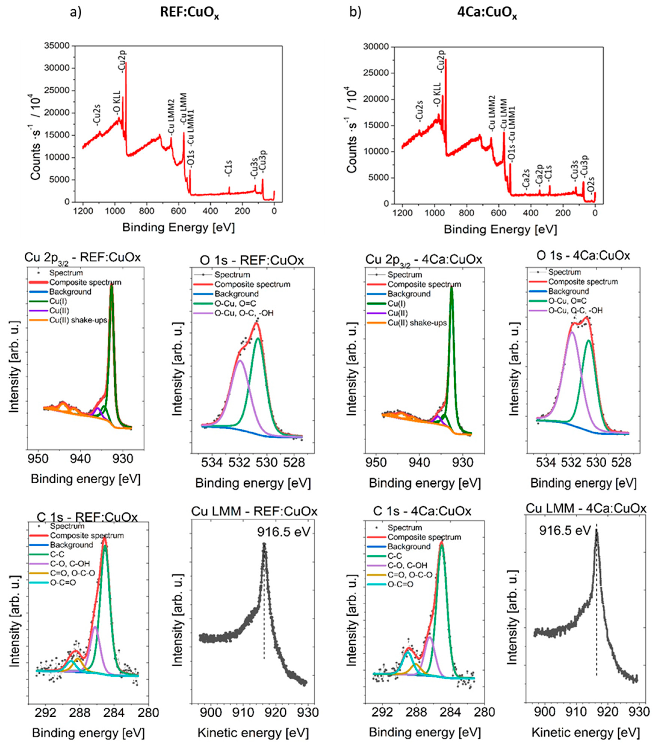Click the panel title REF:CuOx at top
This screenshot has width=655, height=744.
(x=189, y=13)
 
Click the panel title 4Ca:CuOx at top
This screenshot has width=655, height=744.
(x=487, y=13)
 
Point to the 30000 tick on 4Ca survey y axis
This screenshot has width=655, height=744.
(x=376, y=47)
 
